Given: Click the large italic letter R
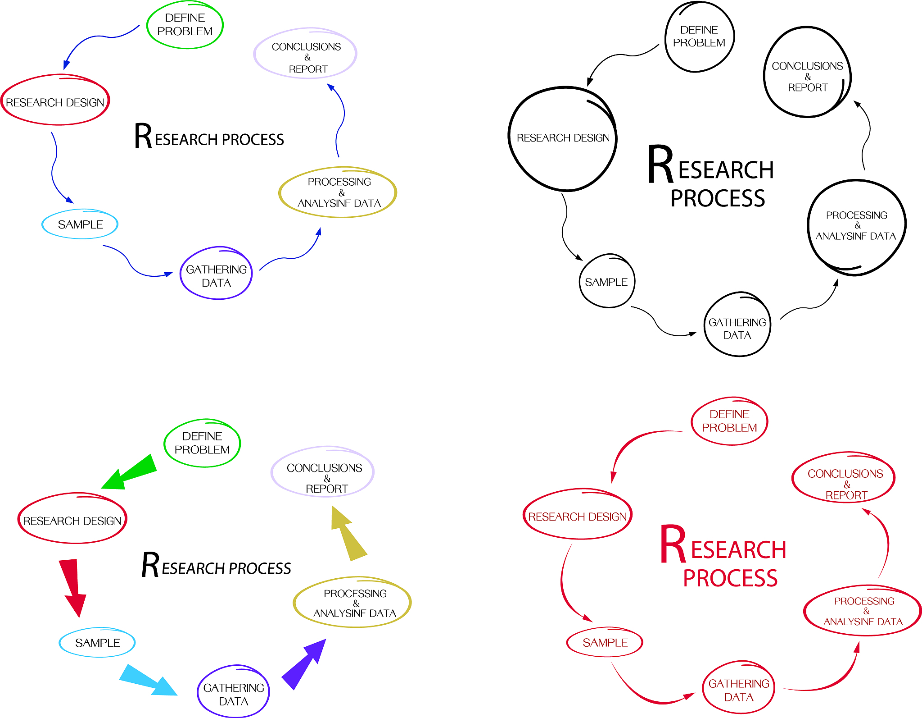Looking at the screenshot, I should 150,565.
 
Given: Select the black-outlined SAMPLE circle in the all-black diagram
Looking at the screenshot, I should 606,281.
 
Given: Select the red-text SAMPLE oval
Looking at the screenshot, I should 605,642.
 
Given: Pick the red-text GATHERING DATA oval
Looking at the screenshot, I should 738,688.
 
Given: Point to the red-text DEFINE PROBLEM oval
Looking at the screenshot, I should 729,421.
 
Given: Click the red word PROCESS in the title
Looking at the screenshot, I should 730,578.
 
